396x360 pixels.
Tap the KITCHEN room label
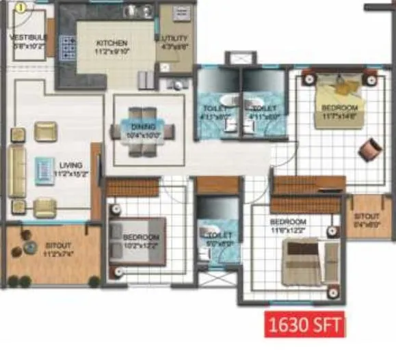111,43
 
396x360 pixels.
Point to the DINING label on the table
144,126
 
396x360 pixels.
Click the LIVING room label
70,165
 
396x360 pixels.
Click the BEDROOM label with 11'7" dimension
340,109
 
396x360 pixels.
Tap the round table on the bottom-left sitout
29,248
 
